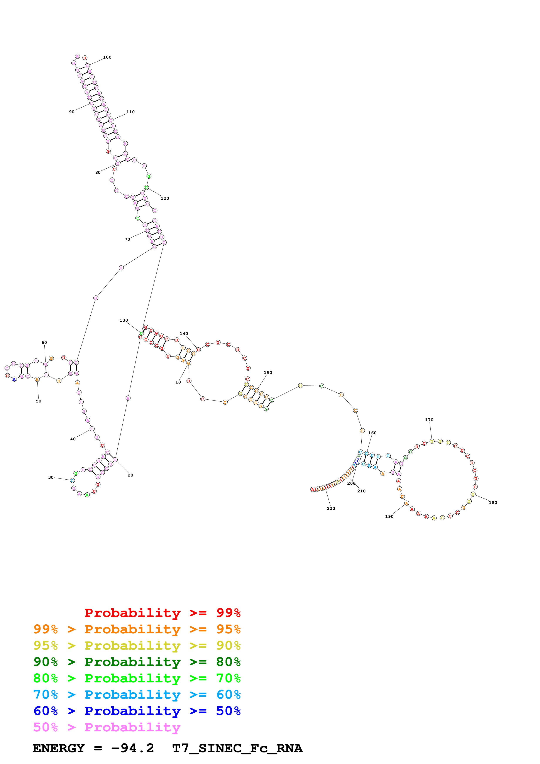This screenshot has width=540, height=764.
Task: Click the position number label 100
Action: point(107,57)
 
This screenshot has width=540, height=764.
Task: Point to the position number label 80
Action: point(98,172)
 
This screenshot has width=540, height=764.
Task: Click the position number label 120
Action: point(165,198)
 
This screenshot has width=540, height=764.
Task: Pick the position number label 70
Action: point(127,239)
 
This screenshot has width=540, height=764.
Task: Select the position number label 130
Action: point(124,320)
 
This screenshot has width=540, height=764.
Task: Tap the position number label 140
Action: point(184,333)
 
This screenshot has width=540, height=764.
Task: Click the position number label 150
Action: point(268,372)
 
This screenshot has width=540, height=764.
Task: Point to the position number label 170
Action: point(429,420)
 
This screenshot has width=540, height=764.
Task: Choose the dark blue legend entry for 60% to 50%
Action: point(137,711)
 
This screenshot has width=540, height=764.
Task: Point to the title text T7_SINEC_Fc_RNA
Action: point(237,748)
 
